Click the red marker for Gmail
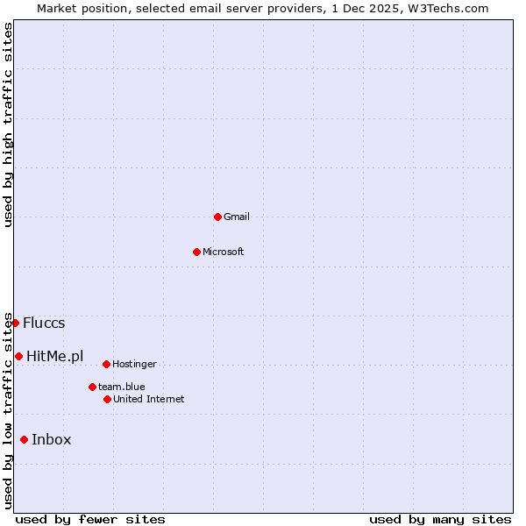[x=217, y=217]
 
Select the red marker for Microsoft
[x=196, y=252]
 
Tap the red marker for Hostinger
[x=106, y=364]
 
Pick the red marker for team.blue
[x=92, y=387]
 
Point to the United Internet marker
[x=107, y=399]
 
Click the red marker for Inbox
[x=24, y=439]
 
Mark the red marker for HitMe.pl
[x=18, y=356]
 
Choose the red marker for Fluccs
[x=15, y=323]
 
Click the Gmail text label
[x=237, y=217]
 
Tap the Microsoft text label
[x=224, y=252]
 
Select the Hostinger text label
[x=134, y=364]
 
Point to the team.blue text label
[x=122, y=387]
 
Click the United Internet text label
[x=149, y=399]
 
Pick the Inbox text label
[x=52, y=439]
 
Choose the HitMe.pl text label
[x=55, y=356]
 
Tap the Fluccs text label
[x=44, y=323]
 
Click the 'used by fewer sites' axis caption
[x=90, y=519]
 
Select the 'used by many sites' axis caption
[x=440, y=519]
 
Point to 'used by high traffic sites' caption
[x=8, y=124]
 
